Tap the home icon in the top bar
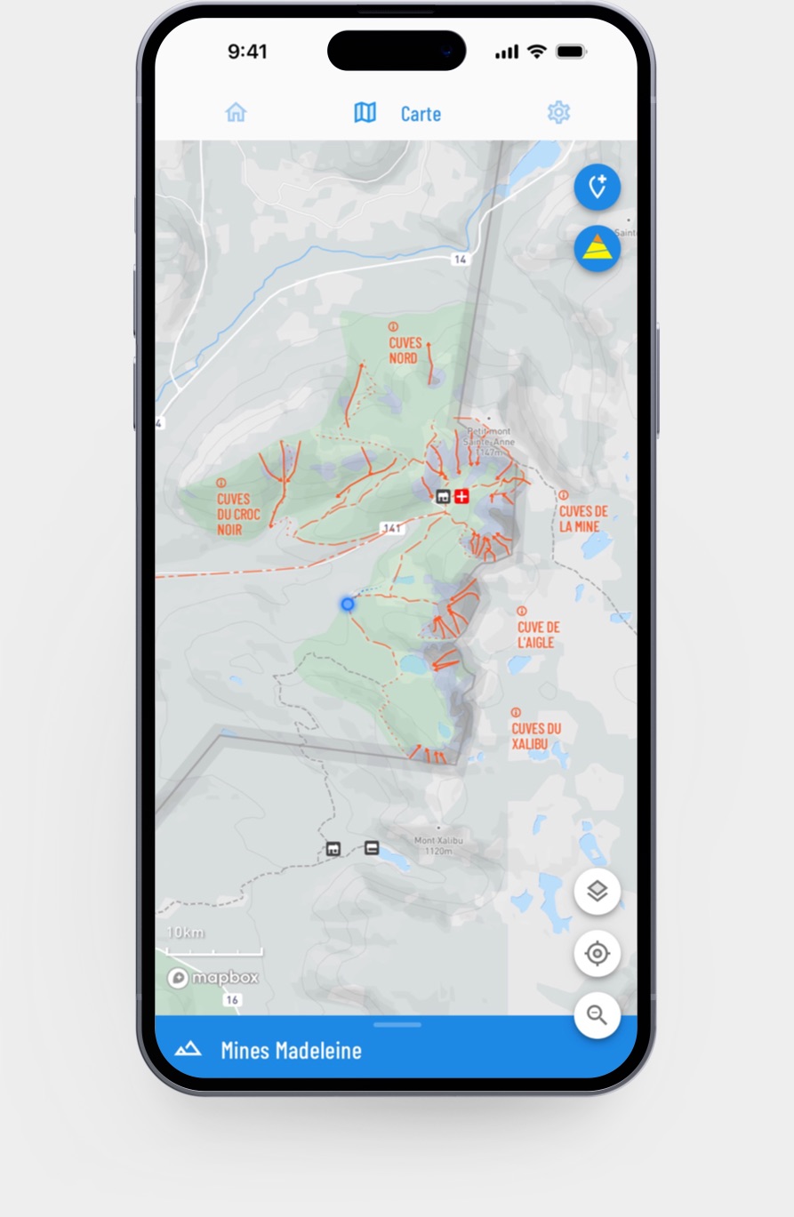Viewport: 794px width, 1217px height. pos(236,112)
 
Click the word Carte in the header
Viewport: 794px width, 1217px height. pos(421,114)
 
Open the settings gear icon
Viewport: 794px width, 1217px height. pos(558,112)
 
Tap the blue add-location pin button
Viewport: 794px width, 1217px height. pos(597,188)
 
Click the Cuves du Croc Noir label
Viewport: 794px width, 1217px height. pos(234,514)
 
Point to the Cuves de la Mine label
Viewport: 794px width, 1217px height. pos(582,518)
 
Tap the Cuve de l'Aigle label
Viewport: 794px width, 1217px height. pos(539,634)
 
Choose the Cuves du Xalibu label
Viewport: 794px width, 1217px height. pos(536,735)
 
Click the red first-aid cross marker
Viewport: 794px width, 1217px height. pos(461,496)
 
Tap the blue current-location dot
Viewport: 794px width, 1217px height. pos(348,604)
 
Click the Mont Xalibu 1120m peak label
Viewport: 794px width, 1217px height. pos(438,845)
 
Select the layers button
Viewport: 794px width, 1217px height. pos(597,891)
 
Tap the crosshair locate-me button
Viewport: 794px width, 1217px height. pos(597,954)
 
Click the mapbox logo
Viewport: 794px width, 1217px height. pos(213,978)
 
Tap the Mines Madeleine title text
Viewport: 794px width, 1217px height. pos(291,1050)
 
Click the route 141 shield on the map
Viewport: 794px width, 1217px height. pos(391,528)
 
